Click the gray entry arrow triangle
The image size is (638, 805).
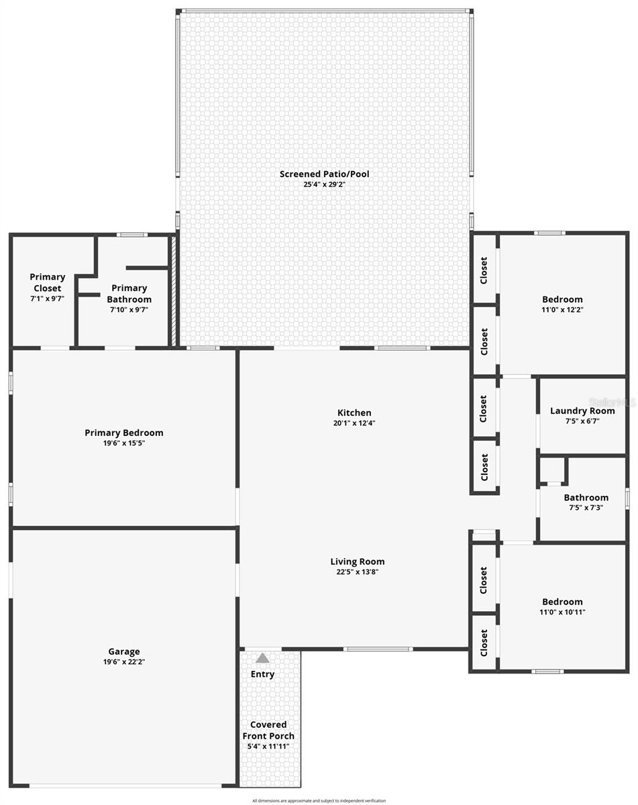(x=262, y=659)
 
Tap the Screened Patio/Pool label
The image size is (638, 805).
(x=324, y=174)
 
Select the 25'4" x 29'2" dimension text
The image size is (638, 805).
(x=324, y=184)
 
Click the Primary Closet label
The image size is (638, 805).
(x=47, y=282)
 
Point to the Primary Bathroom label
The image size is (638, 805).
(x=129, y=294)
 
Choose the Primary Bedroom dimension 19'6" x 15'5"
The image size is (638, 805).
(x=123, y=443)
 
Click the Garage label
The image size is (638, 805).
(x=124, y=651)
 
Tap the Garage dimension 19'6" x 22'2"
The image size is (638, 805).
(x=124, y=661)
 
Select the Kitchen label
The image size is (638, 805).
(x=354, y=413)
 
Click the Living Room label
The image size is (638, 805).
(x=357, y=562)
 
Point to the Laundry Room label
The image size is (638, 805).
(x=582, y=411)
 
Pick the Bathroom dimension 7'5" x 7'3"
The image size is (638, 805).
(x=586, y=508)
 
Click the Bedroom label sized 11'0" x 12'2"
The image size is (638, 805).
(x=562, y=299)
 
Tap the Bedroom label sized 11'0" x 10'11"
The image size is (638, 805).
(x=562, y=602)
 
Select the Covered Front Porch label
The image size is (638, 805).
(x=268, y=731)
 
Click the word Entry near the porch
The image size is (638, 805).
(x=262, y=674)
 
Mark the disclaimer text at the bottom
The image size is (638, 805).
(x=319, y=800)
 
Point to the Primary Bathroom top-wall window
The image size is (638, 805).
(x=132, y=235)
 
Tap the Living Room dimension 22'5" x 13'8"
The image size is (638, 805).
(x=357, y=572)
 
